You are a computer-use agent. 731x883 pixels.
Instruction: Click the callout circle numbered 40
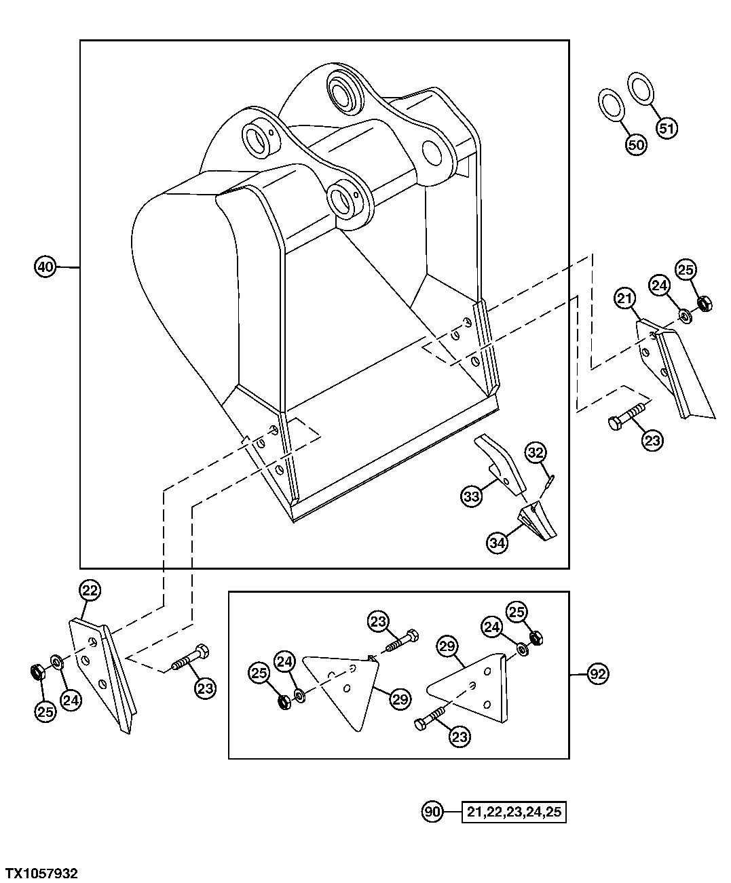click(x=45, y=267)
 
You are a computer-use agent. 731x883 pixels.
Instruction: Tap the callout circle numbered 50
click(x=636, y=144)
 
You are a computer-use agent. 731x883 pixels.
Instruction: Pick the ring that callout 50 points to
click(x=612, y=105)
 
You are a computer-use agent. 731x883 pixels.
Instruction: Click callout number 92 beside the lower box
click(x=598, y=674)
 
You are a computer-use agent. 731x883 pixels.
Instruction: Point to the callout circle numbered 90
click(x=432, y=811)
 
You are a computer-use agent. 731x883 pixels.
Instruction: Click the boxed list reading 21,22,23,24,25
click(x=514, y=812)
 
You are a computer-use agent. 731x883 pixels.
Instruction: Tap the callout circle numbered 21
click(x=625, y=297)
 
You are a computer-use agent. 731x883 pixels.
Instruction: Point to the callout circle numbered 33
click(x=472, y=496)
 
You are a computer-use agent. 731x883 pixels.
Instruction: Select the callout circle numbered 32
click(x=536, y=452)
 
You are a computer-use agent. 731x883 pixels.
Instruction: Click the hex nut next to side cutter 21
click(x=705, y=304)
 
